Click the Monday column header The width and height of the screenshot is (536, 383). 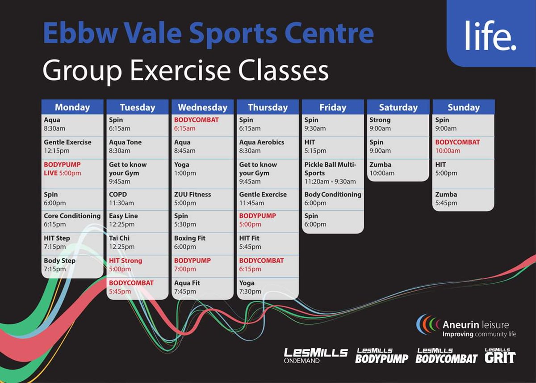[x=72, y=107]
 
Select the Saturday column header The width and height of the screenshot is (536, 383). [x=398, y=107]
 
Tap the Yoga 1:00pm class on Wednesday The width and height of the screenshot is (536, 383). [x=185, y=169]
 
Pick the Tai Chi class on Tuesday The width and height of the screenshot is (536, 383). [x=119, y=242]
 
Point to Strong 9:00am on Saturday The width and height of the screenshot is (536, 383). [x=380, y=124]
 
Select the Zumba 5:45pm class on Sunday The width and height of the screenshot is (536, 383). [x=446, y=199]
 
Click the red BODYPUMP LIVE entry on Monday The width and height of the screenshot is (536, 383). [x=63, y=169]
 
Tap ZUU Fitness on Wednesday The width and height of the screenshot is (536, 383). [x=193, y=199]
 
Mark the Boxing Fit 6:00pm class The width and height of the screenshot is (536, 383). [x=190, y=242]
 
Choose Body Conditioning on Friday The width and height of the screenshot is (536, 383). [x=333, y=199]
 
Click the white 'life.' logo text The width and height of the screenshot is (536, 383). [x=490, y=35]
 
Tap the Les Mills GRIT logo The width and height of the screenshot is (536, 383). [x=500, y=356]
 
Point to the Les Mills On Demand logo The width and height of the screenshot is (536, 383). [x=316, y=356]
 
